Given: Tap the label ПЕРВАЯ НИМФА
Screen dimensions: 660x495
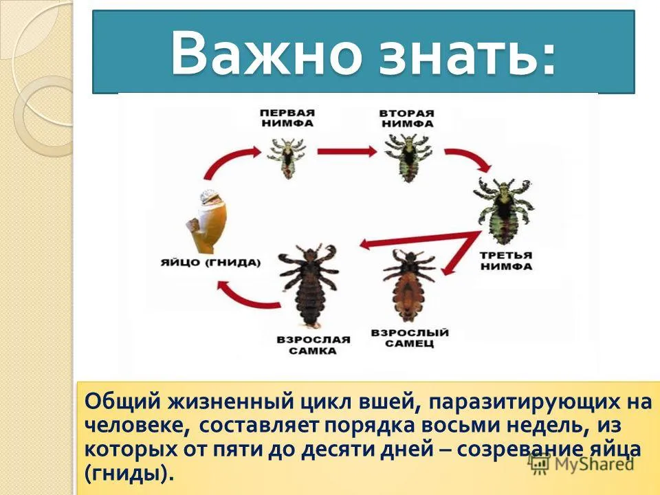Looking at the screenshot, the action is click(287, 118).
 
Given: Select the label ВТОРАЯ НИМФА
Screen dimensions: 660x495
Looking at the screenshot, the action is click(406, 118).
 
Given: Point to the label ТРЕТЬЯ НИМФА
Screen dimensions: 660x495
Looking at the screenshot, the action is click(506, 261).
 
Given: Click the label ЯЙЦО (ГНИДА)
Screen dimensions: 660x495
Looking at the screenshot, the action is click(211, 263).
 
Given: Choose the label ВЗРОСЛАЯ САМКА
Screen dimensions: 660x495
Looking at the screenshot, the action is click(313, 345).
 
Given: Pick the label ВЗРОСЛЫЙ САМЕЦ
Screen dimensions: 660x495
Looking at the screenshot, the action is click(410, 338).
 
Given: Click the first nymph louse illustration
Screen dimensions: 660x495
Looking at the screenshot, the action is click(287, 155).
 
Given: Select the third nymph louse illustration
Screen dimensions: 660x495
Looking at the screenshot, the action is click(504, 210).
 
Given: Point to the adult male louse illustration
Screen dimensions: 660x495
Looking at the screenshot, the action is click(408, 286).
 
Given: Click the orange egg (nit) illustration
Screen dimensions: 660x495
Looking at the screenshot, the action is click(207, 221).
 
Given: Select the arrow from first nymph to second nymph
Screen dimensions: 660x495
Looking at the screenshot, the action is click(347, 151).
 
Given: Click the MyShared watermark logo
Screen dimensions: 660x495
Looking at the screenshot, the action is click(582, 464).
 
